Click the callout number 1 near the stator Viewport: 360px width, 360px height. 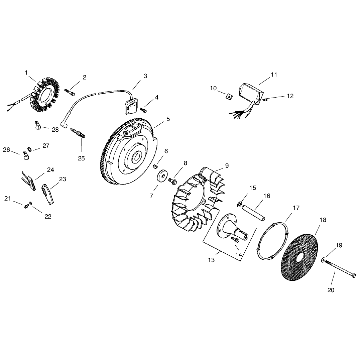pyautogui.click(x=26, y=73)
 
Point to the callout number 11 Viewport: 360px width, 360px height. pyautogui.click(x=274, y=75)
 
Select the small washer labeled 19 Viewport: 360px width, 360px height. pyautogui.click(x=323, y=260)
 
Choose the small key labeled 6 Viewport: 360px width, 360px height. pyautogui.click(x=155, y=166)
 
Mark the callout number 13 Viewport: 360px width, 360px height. pyautogui.click(x=211, y=260)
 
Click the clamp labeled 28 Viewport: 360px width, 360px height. pyautogui.click(x=38, y=125)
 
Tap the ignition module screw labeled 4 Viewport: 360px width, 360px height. pyautogui.click(x=143, y=110)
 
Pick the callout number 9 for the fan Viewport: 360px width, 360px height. pyautogui.click(x=227, y=166)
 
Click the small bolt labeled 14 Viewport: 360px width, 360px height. pyautogui.click(x=235, y=240)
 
